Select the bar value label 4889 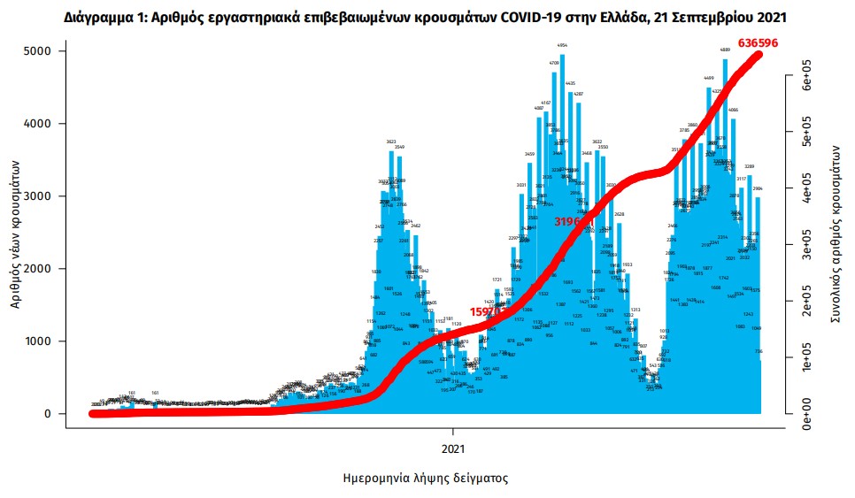[725, 50]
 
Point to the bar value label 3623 [390, 142]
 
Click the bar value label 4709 [554, 64]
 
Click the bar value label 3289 [749, 166]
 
